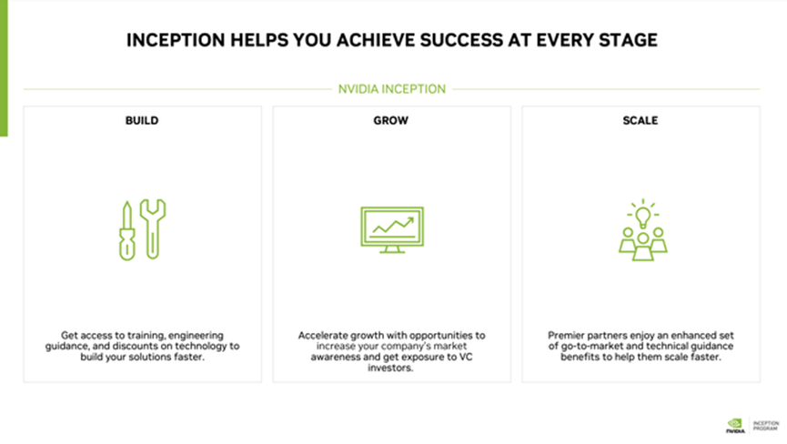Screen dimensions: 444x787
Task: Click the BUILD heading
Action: pos(142,120)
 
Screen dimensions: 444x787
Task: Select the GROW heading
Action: pos(391,120)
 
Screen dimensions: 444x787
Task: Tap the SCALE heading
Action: pos(641,120)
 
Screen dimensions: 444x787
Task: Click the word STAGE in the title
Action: pos(630,41)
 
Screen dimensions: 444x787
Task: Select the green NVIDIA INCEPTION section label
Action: pos(391,89)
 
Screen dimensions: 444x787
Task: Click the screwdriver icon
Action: pos(127,229)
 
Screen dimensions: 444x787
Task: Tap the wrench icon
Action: pos(156,227)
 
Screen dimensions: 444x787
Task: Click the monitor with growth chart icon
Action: pos(391,229)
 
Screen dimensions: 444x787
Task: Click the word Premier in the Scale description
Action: pos(568,335)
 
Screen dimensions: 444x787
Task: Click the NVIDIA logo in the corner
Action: pos(734,424)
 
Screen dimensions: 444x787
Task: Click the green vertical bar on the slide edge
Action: pos(3,68)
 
